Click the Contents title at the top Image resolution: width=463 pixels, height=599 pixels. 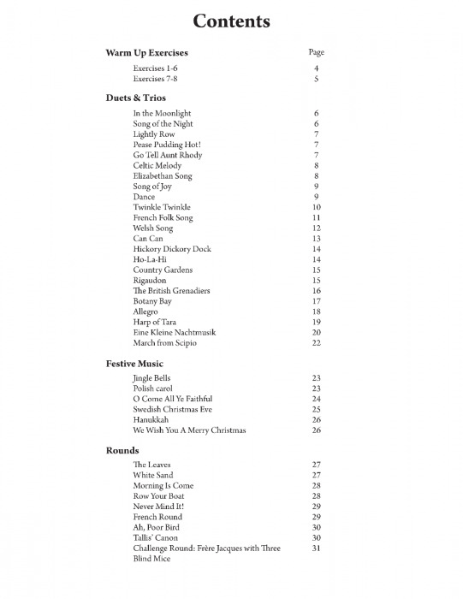click(x=231, y=21)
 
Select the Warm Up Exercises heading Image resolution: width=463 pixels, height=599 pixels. click(x=146, y=53)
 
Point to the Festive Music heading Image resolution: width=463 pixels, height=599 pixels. click(x=134, y=364)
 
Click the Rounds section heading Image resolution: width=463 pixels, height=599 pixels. click(x=122, y=450)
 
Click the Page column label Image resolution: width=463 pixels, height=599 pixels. click(x=316, y=53)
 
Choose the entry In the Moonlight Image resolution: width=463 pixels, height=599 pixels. click(x=162, y=113)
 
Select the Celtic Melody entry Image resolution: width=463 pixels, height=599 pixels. click(x=157, y=165)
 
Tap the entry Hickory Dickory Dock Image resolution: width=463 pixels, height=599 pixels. click(x=171, y=249)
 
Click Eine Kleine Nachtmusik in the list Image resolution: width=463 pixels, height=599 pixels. click(x=174, y=332)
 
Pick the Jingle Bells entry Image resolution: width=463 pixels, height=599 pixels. click(x=151, y=377)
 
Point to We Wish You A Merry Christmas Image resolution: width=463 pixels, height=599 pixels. click(x=189, y=430)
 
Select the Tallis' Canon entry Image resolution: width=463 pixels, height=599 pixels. click(x=155, y=538)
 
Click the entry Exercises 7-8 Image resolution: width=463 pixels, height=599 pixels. click(x=155, y=79)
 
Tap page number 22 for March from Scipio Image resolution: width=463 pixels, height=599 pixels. click(x=317, y=343)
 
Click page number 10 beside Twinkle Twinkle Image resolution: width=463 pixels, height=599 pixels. click(x=317, y=207)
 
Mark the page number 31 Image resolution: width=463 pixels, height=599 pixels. click(x=317, y=549)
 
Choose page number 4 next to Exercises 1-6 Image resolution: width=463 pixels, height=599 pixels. click(x=317, y=68)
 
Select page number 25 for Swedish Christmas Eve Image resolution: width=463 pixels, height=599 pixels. click(x=317, y=409)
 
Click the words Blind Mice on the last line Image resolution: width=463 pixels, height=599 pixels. click(x=151, y=559)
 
